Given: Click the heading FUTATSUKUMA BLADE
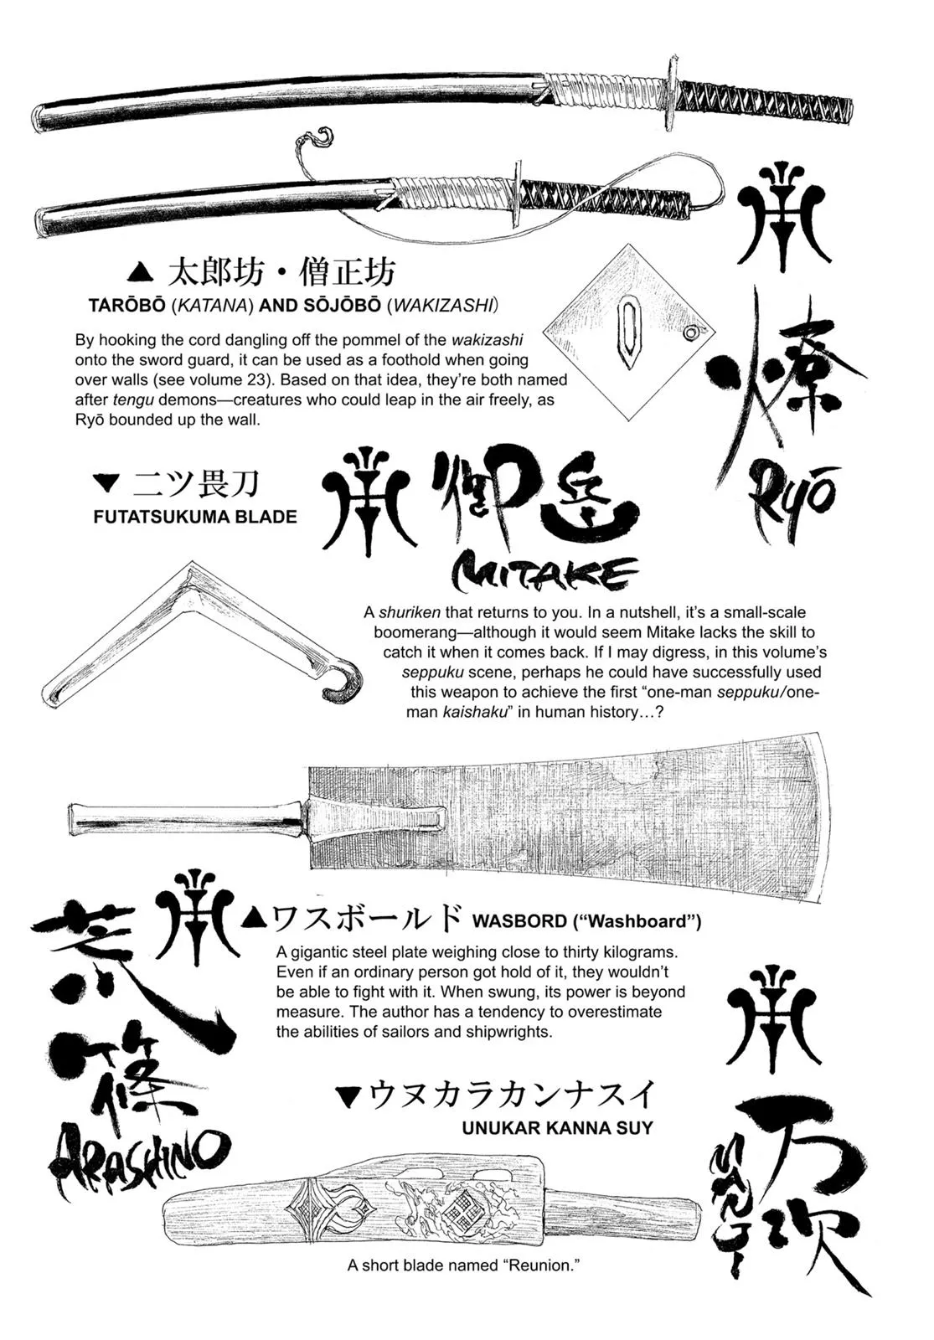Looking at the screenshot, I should click(x=195, y=517).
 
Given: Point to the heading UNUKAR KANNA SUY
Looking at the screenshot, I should click(x=557, y=1127).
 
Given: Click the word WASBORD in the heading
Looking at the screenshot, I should click(x=519, y=921).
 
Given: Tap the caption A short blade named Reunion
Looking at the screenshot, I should click(x=463, y=1265).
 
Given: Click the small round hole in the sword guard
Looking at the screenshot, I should click(x=690, y=333).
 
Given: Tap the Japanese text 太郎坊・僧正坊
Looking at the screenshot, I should click(x=281, y=272).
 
